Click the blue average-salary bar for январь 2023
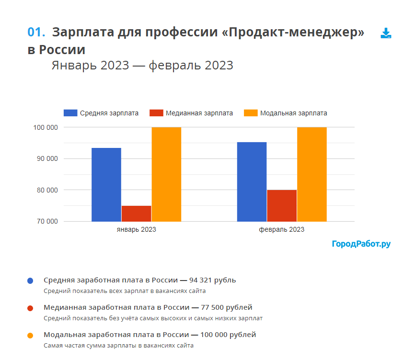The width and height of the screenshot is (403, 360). (106, 184)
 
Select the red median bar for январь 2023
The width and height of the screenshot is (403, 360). (136, 214)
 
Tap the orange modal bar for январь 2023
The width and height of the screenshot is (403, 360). (166, 174)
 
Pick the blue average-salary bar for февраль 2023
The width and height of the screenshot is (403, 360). (252, 181)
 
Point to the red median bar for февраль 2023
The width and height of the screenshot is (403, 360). (282, 205)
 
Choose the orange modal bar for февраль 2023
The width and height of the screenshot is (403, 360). (311, 174)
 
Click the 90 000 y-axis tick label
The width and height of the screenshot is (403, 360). (46, 158)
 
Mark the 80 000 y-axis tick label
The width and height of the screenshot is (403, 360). (46, 190)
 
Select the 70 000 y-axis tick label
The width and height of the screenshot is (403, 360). (46, 221)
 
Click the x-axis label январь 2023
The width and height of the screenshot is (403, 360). (136, 230)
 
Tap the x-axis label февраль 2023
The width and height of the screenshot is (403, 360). (282, 230)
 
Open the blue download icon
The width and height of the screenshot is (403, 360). (386, 33)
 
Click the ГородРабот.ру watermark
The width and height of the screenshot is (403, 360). (361, 244)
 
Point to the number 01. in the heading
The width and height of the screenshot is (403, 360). (36, 32)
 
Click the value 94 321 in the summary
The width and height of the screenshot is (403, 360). (202, 280)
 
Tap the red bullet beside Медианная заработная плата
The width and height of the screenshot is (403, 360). (30, 308)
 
